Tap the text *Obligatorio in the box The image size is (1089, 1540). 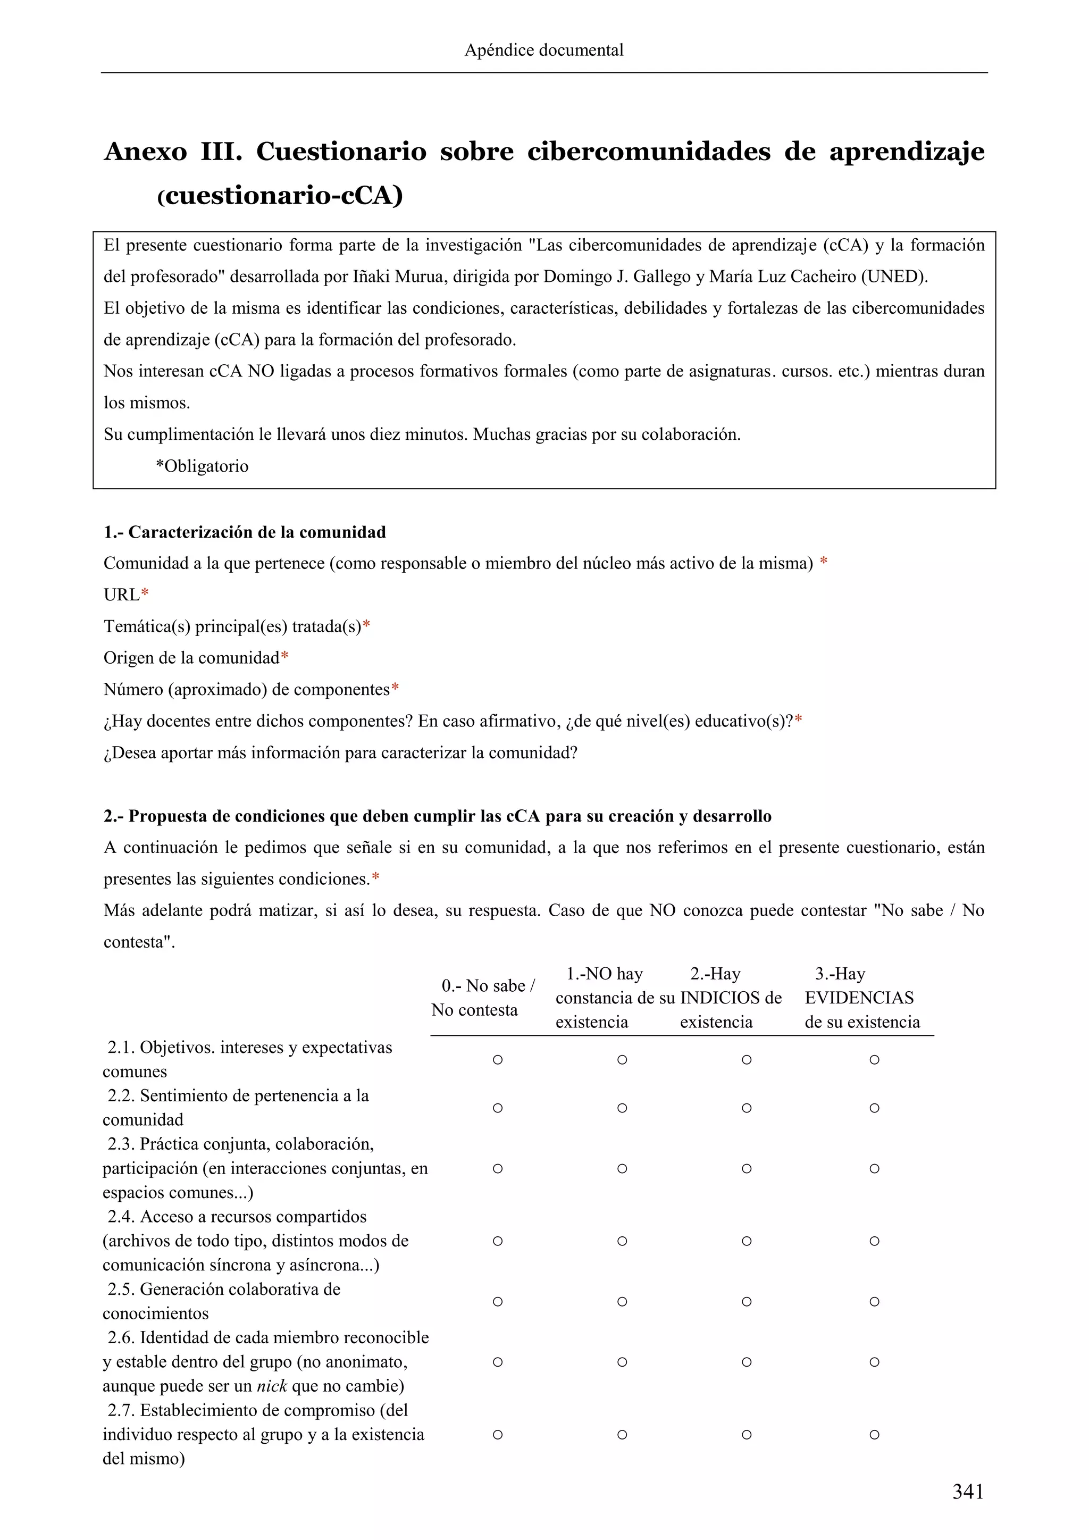click(202, 466)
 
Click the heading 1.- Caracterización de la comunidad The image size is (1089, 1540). click(245, 532)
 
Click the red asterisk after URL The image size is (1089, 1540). click(145, 595)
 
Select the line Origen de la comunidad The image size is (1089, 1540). click(192, 658)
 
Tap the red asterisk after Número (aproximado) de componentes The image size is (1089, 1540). click(395, 690)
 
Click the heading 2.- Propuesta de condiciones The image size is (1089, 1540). click(437, 816)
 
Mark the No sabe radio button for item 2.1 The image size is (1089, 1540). click(498, 1060)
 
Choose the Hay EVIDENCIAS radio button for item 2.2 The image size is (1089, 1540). click(874, 1108)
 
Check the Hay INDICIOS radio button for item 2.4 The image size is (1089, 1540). click(747, 1241)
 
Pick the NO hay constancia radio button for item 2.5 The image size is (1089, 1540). click(622, 1301)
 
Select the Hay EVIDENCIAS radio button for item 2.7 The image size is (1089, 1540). click(874, 1435)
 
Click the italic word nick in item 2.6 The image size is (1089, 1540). click(272, 1386)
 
